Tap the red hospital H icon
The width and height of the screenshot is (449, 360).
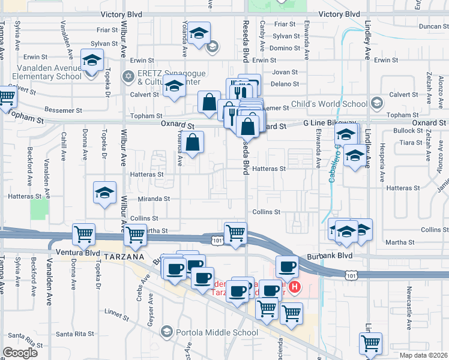[x=294, y=288]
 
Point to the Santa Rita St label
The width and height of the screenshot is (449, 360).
[x=74, y=334]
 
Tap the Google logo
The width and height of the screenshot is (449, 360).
[x=20, y=353]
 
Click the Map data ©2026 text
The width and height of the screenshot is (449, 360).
[x=423, y=355]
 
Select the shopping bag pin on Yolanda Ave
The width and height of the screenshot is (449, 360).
[x=193, y=143]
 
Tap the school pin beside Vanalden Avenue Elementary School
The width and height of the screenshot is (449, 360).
[x=92, y=61]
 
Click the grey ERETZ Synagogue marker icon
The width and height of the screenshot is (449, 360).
[x=127, y=76]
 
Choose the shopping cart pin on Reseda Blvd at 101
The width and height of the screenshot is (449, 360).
[x=235, y=233]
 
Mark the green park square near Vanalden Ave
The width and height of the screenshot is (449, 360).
[x=39, y=209]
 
